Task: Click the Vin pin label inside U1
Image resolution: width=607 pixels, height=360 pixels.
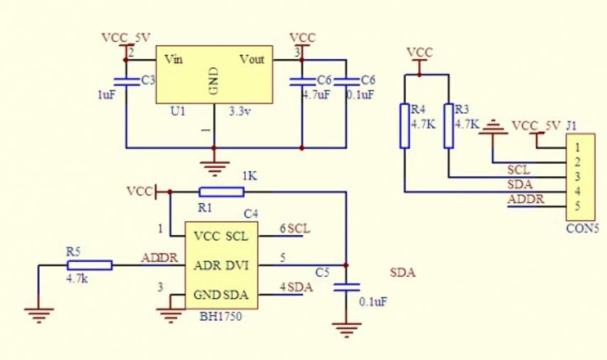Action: [x=174, y=59]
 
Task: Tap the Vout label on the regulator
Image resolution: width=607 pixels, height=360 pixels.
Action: [x=252, y=59]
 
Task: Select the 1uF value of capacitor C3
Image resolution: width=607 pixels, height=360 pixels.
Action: [x=107, y=95]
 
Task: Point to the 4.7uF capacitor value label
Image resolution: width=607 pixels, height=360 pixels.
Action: [x=316, y=95]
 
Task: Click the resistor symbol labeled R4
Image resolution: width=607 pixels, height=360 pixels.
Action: [x=404, y=126]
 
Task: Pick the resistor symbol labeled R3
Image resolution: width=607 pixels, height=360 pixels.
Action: [x=449, y=126]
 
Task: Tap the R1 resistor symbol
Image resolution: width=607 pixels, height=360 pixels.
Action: [x=221, y=192]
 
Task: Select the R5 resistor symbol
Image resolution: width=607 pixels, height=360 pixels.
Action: [x=90, y=265]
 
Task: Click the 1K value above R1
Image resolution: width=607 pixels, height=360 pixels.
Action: [x=250, y=176]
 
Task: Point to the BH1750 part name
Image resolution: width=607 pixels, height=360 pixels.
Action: [x=221, y=317]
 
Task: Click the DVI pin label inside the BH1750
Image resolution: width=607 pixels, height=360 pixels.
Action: [x=237, y=265]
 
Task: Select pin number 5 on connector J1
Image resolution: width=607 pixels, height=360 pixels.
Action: [x=578, y=206]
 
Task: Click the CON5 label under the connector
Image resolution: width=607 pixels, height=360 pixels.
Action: [x=583, y=228]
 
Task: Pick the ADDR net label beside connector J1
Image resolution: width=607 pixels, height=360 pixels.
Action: [x=526, y=199]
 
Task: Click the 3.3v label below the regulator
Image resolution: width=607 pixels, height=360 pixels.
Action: [x=240, y=112]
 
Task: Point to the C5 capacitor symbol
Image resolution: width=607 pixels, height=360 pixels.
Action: [x=347, y=287]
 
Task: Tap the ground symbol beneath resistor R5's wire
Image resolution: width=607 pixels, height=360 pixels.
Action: [x=38, y=314]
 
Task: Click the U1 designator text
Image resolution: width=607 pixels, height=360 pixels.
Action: [x=178, y=112]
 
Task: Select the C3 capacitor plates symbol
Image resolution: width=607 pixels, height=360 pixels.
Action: [x=126, y=81]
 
